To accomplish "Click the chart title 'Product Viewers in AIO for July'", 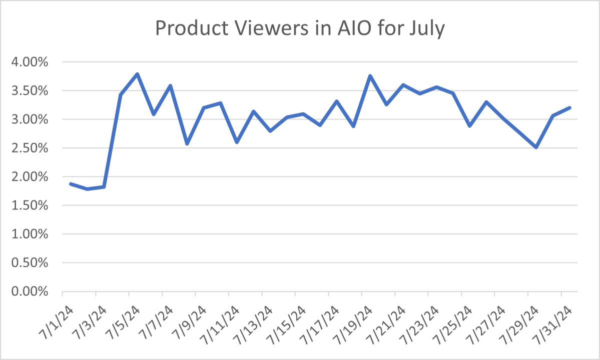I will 300,28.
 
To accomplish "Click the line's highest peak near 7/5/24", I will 137,74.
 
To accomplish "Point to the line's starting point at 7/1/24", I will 71,184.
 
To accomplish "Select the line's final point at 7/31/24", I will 569,107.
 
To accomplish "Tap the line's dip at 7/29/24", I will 536,147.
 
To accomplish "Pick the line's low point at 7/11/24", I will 237,142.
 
